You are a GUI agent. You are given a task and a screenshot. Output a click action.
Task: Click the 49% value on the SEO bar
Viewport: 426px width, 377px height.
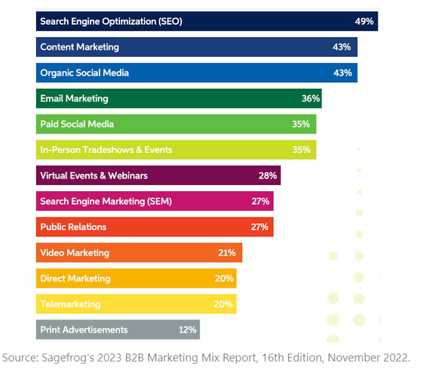pos(364,22)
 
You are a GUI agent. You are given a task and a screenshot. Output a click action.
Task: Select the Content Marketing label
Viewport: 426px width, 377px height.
pos(79,47)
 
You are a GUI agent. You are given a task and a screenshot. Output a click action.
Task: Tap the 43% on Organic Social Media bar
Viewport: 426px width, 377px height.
pos(342,73)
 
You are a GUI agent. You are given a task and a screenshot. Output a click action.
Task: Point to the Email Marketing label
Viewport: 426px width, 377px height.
pos(74,99)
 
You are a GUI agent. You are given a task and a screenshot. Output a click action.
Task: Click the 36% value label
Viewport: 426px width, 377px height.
pos(310,99)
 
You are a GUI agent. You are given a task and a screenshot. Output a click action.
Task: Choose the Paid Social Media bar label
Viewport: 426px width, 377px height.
pos(77,124)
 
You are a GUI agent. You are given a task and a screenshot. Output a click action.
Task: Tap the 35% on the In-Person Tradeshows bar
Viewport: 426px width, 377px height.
pos(301,150)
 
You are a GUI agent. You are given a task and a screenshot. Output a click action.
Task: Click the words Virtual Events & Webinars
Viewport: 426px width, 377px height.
pos(94,176)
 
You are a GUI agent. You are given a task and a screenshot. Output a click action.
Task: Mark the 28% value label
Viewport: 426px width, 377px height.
pos(268,176)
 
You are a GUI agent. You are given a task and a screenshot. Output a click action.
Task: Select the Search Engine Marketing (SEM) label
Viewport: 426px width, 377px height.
pos(106,201)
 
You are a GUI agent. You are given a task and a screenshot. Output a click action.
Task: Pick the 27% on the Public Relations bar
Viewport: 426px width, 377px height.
pos(259,227)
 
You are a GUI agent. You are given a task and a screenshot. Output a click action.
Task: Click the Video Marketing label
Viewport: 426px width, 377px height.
pos(74,253)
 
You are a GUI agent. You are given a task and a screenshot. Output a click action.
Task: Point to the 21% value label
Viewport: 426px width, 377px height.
pos(227,253)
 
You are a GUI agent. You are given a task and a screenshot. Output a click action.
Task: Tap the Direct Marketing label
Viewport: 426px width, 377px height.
pos(75,278)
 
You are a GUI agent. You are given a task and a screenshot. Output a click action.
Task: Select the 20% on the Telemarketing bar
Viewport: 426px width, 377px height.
pos(223,304)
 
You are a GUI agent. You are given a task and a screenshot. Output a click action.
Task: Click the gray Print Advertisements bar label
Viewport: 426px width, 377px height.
pos(84,330)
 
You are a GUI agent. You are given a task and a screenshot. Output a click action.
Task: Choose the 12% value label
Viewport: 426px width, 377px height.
pos(187,330)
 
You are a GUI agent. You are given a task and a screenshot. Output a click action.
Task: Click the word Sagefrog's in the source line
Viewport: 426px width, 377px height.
pos(68,358)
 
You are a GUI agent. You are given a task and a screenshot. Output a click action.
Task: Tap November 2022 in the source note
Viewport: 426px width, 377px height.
pos(369,358)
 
